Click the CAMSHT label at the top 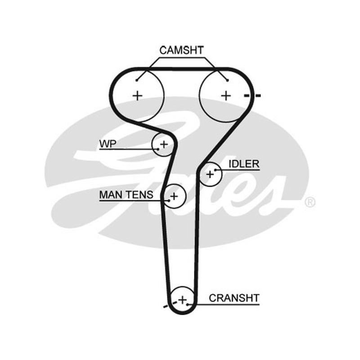(x=181, y=50)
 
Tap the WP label (x=108, y=144)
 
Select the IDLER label (x=244, y=164)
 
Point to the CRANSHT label (x=234, y=298)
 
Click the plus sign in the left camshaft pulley (x=138, y=95)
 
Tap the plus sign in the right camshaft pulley (x=226, y=95)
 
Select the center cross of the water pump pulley (x=164, y=144)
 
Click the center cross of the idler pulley (x=210, y=175)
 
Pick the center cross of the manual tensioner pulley (x=174, y=196)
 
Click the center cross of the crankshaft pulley (x=183, y=300)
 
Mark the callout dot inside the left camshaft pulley (x=137, y=80)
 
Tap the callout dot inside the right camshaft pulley (x=227, y=80)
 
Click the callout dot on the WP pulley (x=158, y=149)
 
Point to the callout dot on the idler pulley (x=216, y=170)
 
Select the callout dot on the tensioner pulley (x=169, y=200)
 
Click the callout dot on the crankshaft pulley (x=188, y=305)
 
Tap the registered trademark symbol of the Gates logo (x=310, y=202)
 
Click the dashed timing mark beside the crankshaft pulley (x=170, y=305)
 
